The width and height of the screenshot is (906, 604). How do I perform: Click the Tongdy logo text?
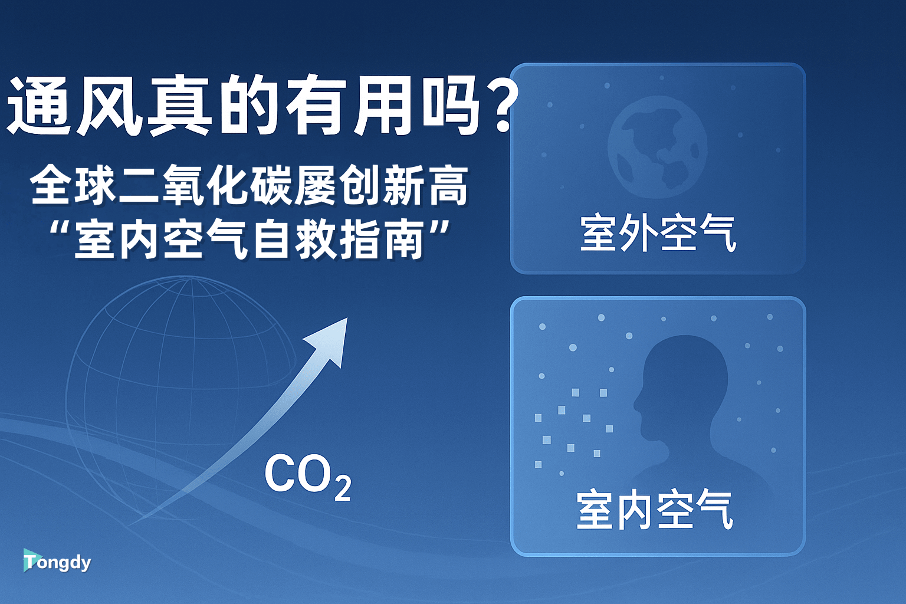pyautogui.click(x=58, y=562)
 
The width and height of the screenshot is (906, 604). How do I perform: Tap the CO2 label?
pyautogui.click(x=307, y=475)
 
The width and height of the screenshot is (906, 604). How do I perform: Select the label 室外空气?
pyautogui.click(x=658, y=234)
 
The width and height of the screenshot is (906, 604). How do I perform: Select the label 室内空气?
pyautogui.click(x=655, y=510)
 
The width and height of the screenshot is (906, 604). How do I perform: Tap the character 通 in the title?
pyautogui.click(x=39, y=106)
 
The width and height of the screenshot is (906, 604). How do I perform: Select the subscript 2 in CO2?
pyautogui.click(x=343, y=488)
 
